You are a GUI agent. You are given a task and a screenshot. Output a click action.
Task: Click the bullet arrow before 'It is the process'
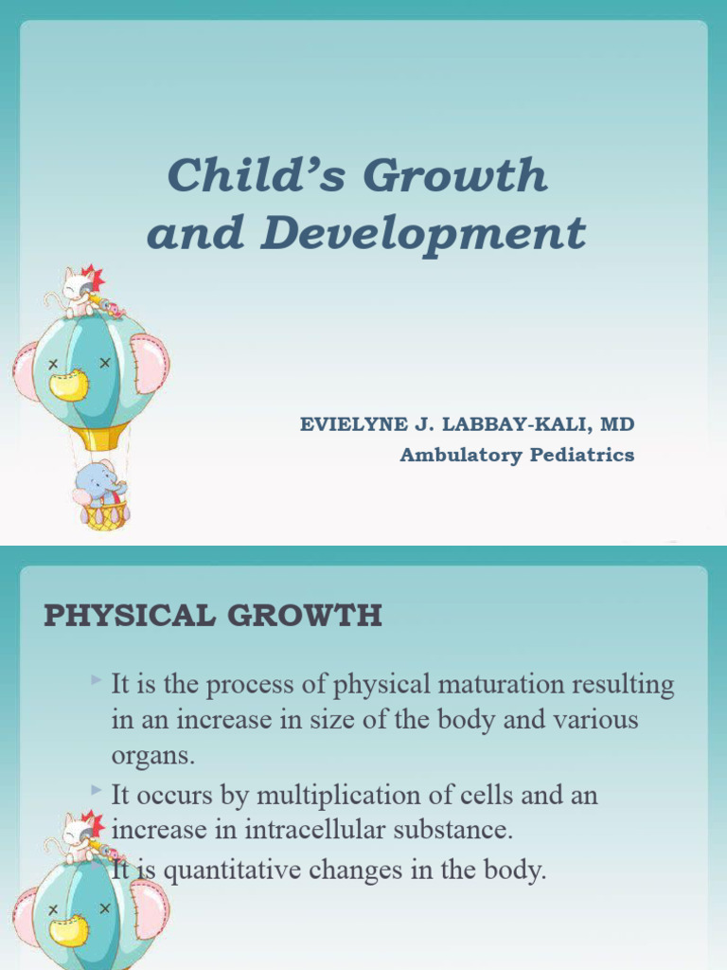tap(98, 680)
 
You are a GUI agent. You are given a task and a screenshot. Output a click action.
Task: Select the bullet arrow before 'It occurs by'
tap(98, 791)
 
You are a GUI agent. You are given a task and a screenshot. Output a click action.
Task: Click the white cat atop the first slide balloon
tap(79, 289)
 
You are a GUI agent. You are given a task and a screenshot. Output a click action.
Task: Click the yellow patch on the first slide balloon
tap(68, 384)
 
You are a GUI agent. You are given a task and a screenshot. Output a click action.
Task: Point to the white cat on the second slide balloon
tap(79, 832)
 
